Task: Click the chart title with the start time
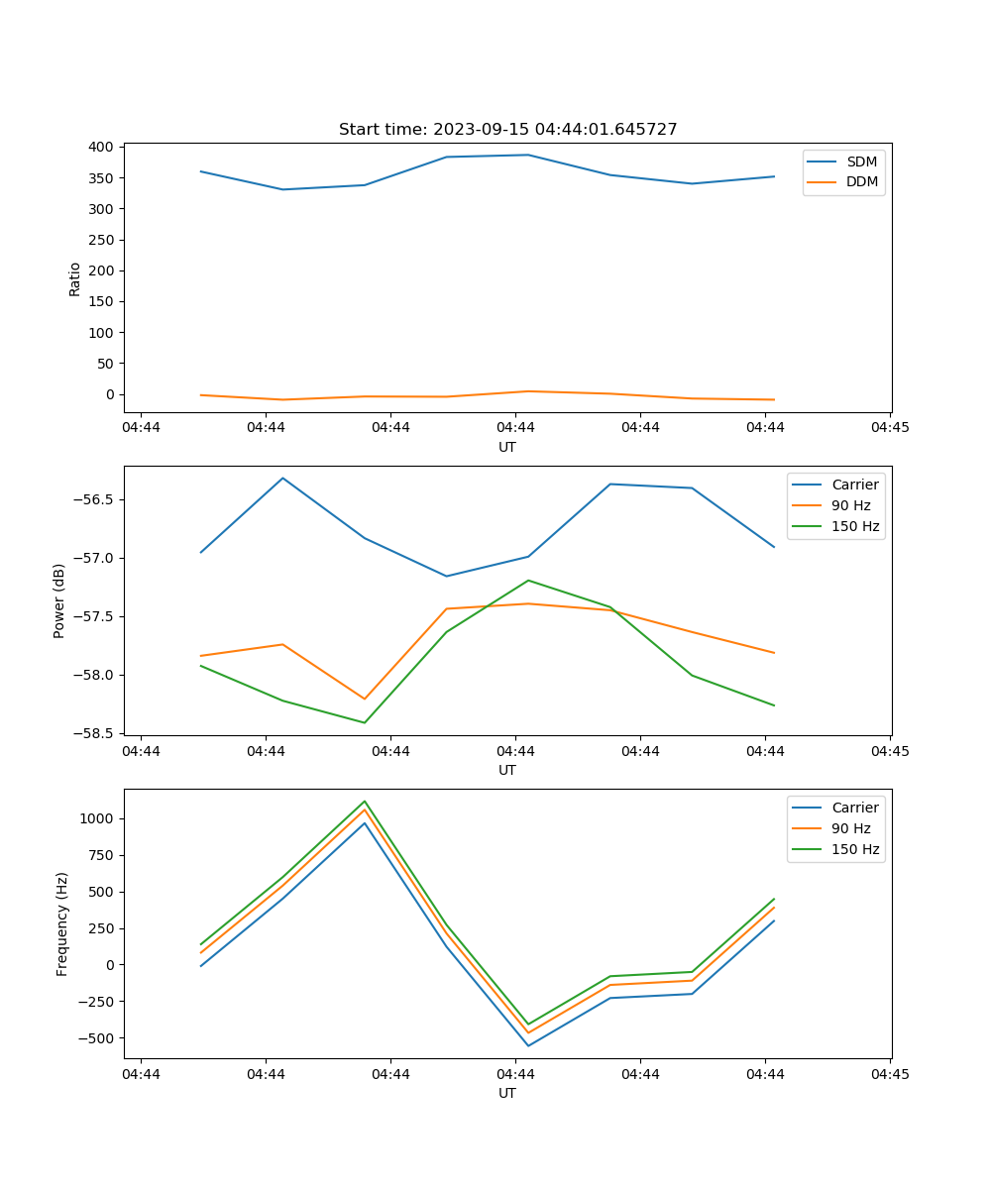click(507, 130)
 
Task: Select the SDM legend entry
click(861, 162)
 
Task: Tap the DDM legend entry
click(861, 181)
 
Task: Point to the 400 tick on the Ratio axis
click(100, 147)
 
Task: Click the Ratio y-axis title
click(75, 278)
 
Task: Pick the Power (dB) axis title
click(59, 600)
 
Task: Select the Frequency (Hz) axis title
click(61, 923)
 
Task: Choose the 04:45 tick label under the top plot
click(890, 428)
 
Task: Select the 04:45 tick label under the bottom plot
click(890, 1074)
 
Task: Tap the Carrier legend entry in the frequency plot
click(854, 808)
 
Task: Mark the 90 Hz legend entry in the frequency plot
click(850, 828)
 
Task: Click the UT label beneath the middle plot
click(507, 770)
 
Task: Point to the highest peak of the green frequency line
click(365, 802)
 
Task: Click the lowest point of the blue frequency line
click(528, 1045)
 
